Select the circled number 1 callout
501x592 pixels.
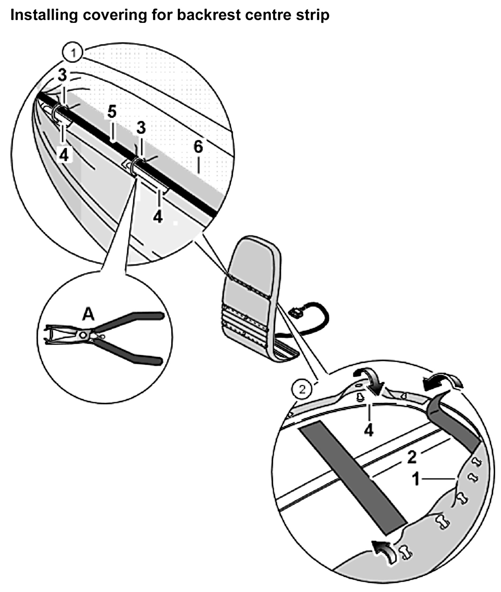coord(73,53)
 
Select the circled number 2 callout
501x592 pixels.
coord(302,389)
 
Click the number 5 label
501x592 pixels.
coord(112,112)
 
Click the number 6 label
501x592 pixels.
coord(198,147)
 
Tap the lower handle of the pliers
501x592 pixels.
coord(134,356)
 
